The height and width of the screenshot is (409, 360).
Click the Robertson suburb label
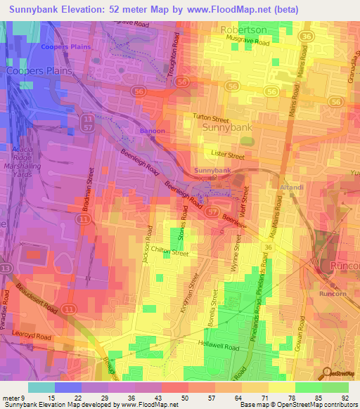coord(244,30)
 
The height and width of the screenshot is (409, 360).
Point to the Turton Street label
coord(212,119)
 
